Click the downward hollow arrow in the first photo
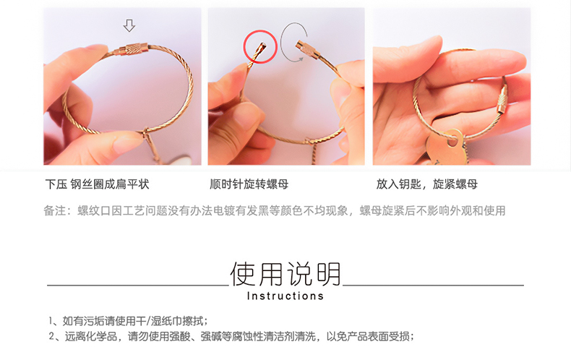pos(129,26)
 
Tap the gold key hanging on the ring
pos(445,147)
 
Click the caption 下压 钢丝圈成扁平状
pos(98,184)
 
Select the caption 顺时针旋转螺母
pos(249,184)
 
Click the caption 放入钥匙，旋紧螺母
pos(426,184)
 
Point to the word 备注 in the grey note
pos(55,210)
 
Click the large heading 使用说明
pos(285,274)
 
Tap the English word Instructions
pos(285,296)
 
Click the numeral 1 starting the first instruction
pos(51,321)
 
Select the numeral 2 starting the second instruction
pos(52,336)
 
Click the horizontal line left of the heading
pos(138,286)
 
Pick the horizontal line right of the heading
pos(434,285)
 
